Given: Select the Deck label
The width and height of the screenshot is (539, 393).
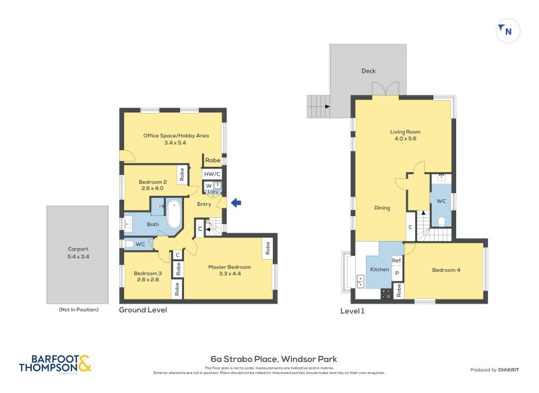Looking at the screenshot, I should point(368,71).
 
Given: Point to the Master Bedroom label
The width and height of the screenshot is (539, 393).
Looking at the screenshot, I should point(229,270).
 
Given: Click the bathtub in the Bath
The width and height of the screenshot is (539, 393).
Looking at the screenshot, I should point(174,215).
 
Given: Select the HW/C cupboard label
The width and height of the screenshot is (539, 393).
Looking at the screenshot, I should point(213,174).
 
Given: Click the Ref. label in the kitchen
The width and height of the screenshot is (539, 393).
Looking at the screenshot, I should point(397,260).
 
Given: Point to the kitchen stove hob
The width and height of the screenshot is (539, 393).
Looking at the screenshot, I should point(387,293).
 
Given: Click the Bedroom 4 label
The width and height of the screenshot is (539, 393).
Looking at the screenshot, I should point(445,270).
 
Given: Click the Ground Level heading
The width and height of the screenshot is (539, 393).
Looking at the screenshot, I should point(143,310).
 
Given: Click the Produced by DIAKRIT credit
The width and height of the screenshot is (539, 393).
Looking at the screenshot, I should point(497,370).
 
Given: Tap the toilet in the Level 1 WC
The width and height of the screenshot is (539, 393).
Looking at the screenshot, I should point(442,219).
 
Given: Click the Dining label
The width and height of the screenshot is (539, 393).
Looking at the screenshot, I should point(382,208).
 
